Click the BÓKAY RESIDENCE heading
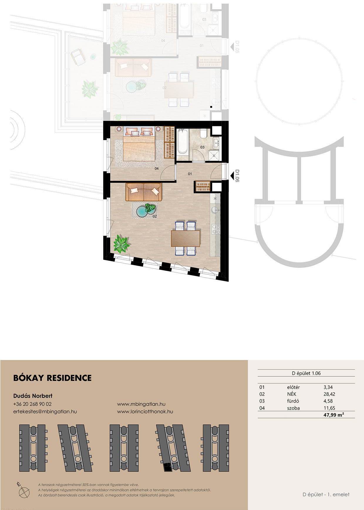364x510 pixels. coord(52,378)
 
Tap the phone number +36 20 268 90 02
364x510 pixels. coord(32,404)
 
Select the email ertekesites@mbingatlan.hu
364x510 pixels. coord(45,412)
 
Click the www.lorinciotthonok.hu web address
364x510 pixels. coord(145,412)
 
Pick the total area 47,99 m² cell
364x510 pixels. coord(334,415)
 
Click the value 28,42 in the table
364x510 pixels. coord(329,394)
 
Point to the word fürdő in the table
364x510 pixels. coord(293,401)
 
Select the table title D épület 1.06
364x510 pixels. coord(306,373)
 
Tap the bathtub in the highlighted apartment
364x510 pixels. coord(182,142)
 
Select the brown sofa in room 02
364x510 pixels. coord(144,192)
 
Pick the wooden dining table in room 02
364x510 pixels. coord(186,238)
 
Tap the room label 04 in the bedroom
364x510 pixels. coord(156,169)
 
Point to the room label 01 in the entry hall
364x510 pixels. coord(190,174)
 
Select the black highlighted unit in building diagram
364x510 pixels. coord(167,467)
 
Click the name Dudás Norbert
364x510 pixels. coord(33,396)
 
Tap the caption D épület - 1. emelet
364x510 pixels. coord(326,494)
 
